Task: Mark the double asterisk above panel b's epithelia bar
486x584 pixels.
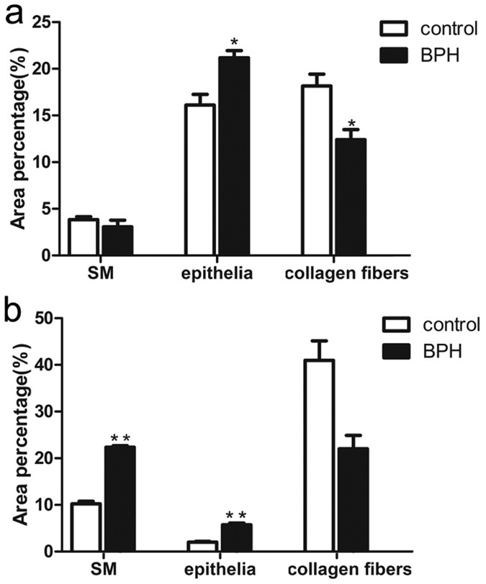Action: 235,515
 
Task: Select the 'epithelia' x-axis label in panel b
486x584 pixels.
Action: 219,568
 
